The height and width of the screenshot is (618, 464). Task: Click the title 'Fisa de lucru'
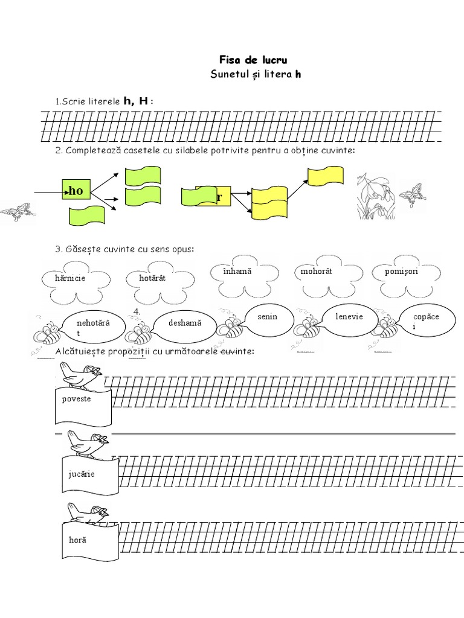[x=253, y=60]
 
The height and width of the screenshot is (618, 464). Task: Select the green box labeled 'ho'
[x=76, y=191]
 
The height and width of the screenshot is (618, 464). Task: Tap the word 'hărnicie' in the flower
[x=71, y=279]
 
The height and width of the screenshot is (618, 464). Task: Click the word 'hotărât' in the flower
[x=152, y=279]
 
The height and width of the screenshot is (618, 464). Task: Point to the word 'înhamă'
[x=237, y=272]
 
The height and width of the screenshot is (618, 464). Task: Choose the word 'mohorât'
[x=317, y=272]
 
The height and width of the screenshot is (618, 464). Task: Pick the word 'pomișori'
[x=401, y=272]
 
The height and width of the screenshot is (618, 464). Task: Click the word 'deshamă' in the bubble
[x=185, y=323]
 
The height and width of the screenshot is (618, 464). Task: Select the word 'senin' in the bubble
[x=267, y=317]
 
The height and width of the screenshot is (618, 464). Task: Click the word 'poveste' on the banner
[x=77, y=400]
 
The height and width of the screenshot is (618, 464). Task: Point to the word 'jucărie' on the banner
[x=82, y=474]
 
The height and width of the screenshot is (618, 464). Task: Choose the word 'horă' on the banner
[x=77, y=539]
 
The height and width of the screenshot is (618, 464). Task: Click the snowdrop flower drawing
[x=376, y=196]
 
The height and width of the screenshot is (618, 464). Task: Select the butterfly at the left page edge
[x=17, y=212]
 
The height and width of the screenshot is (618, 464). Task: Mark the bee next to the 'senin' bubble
[x=230, y=327]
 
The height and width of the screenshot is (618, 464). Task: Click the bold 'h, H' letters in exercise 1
[x=136, y=101]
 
